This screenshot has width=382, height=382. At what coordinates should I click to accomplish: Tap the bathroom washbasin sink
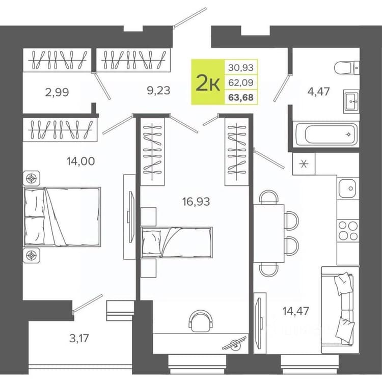tap(351, 101)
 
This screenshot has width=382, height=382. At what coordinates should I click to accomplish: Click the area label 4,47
tap(318, 92)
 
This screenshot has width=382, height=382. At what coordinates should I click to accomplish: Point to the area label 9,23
tap(158, 91)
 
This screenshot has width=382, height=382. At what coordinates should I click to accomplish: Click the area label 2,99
tap(57, 92)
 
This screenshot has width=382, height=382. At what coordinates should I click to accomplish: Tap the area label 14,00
tap(80, 161)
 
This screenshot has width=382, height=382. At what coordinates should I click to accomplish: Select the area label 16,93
tap(196, 202)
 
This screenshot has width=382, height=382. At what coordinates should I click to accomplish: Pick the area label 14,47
tap(296, 311)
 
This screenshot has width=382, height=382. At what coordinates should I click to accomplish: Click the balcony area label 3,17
tap(79, 338)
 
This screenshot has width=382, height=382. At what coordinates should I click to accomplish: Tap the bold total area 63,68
tap(241, 97)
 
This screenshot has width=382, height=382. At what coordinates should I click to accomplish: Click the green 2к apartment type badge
tap(208, 82)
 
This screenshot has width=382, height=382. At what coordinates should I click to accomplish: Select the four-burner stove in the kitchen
tap(348, 231)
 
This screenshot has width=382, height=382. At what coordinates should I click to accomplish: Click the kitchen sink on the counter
tap(347, 188)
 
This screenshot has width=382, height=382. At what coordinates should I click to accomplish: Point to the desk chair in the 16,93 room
tap(201, 320)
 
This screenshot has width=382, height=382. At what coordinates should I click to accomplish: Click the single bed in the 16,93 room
tap(177, 242)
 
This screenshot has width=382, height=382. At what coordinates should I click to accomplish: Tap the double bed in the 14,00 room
tap(62, 217)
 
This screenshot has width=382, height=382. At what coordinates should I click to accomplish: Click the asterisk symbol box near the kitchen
tap(304, 163)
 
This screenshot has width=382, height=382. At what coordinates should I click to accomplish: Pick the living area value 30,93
tap(241, 67)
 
